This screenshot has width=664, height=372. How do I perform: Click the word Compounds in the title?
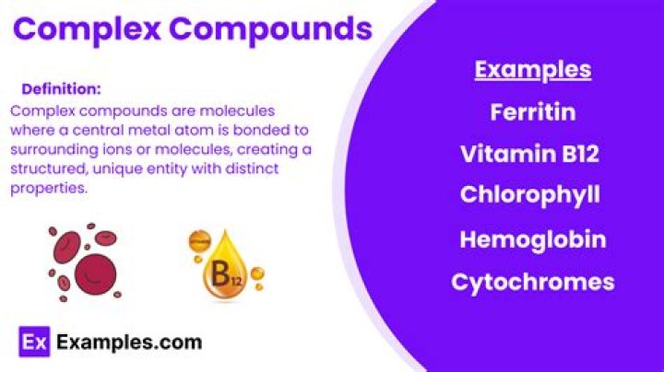pos(271,29)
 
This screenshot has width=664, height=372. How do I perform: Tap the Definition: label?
pos(62,89)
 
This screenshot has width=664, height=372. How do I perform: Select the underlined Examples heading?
pos(533,70)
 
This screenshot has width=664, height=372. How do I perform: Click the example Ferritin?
pos(533,112)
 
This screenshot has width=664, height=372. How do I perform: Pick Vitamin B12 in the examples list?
pos(529,154)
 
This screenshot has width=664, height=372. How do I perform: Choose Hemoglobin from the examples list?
pos(533,239)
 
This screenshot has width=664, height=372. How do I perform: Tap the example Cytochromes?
pos(533,283)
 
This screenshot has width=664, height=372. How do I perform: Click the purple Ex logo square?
pos(34,342)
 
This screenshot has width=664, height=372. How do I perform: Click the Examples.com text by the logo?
pos(129,343)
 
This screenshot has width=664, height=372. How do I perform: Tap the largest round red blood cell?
pos(95,273)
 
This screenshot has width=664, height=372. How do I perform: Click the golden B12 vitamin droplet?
pos(225,266)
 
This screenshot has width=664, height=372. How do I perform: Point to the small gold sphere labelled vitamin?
pos(199,241)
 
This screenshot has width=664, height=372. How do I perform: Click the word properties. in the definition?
pos(49,189)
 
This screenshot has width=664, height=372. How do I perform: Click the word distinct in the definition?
pos(252,169)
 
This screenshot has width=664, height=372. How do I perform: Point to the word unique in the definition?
pos(117,169)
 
